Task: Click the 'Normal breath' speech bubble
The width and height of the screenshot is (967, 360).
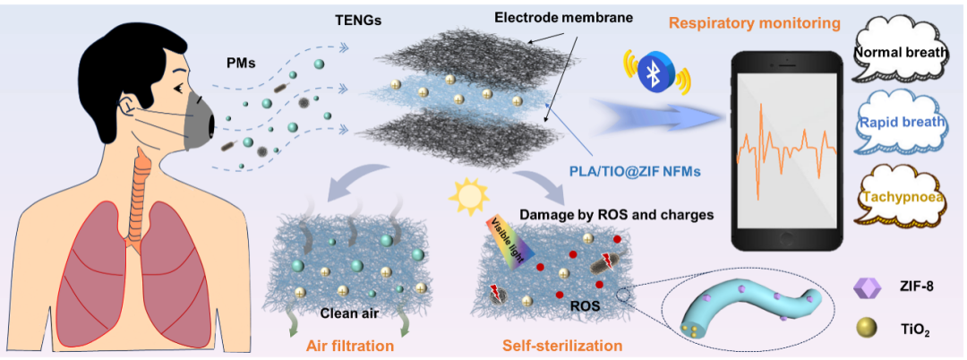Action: (x=899, y=53)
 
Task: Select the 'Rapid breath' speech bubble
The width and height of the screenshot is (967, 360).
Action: (x=899, y=124)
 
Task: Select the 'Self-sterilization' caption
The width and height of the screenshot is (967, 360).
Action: (x=555, y=344)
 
